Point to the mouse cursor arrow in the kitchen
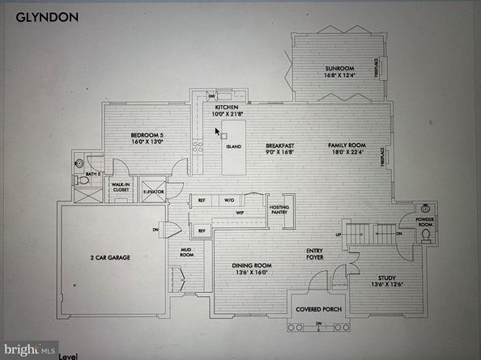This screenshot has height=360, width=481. pyautogui.click(x=217, y=129)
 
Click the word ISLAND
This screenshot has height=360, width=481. pyautogui.click(x=233, y=147)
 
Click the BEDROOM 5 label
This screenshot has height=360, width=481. pyautogui.click(x=147, y=136)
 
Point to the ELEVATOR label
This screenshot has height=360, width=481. pyautogui.click(x=154, y=192)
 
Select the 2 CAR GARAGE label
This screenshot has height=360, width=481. pyautogui.click(x=110, y=257)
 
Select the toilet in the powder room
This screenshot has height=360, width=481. pyautogui.click(x=426, y=236)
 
